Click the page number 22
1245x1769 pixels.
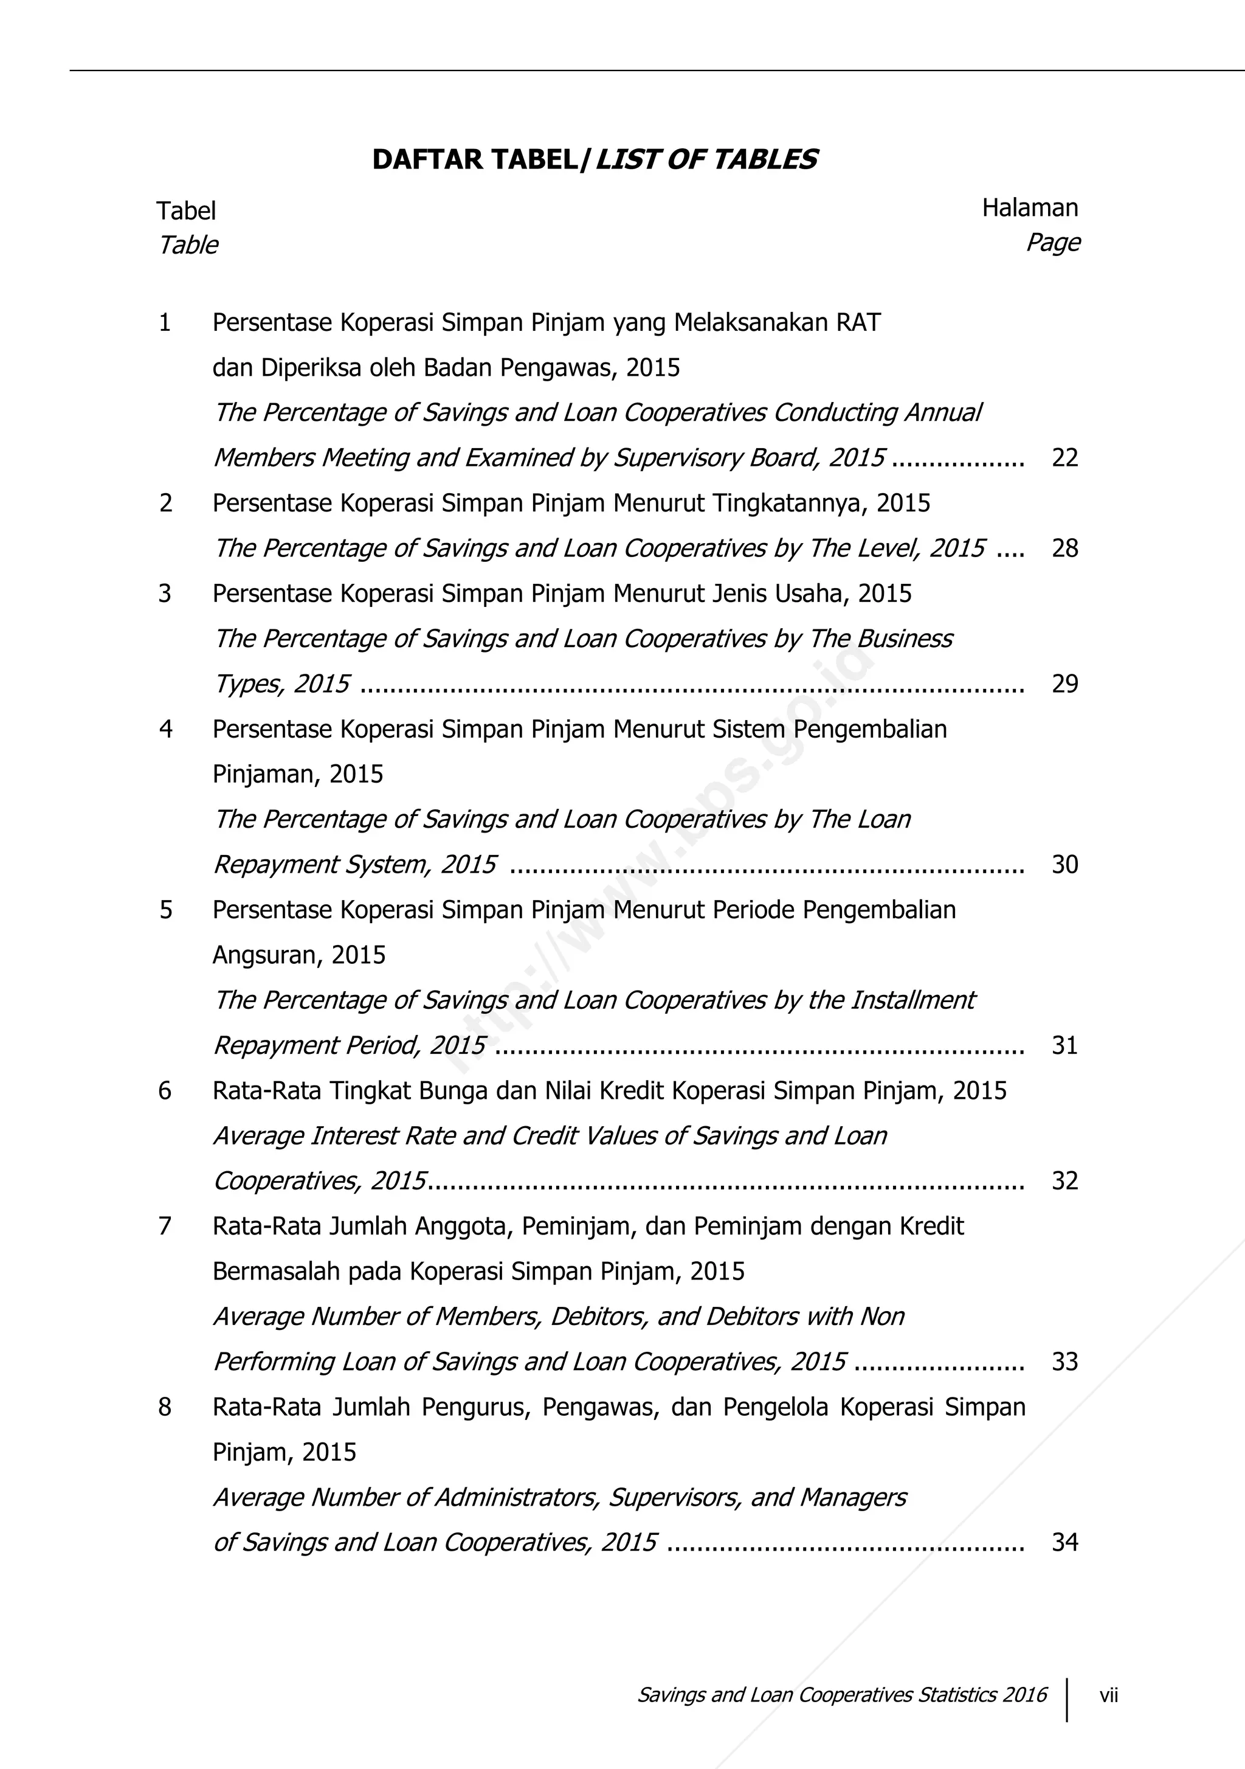pyautogui.click(x=1064, y=458)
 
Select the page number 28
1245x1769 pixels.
pyautogui.click(x=1064, y=548)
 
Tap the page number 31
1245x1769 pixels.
pyautogui.click(x=1064, y=1045)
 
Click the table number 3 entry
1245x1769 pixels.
pyautogui.click(x=165, y=594)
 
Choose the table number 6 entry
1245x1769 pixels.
pyautogui.click(x=165, y=1090)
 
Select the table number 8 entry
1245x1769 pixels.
pyautogui.click(x=165, y=1407)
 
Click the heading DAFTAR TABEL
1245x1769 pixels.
pyautogui.click(x=475, y=159)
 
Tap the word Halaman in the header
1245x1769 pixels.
pyautogui.click(x=1029, y=207)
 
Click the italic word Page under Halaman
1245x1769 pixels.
pyautogui.click(x=1052, y=242)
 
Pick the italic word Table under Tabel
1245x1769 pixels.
pyautogui.click(x=188, y=245)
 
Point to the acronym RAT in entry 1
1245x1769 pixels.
pyautogui.click(x=858, y=322)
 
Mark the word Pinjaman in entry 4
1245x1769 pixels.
pyautogui.click(x=259, y=774)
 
